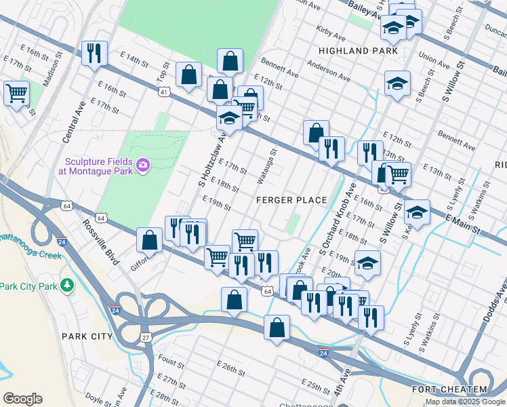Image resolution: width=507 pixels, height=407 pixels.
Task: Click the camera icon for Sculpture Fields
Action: [x=143, y=165]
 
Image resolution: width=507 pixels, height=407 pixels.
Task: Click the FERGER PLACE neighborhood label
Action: [x=291, y=200]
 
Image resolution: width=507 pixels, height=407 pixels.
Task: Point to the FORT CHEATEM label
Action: [x=449, y=389]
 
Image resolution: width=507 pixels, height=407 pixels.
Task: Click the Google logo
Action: [x=22, y=399]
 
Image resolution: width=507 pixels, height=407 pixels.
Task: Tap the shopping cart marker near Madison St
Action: [x=16, y=92]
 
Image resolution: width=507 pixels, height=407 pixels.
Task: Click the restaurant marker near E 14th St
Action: [x=94, y=52]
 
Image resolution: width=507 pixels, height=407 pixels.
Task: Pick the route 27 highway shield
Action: [x=145, y=336]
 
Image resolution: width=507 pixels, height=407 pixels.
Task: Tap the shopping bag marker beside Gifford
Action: [x=149, y=240]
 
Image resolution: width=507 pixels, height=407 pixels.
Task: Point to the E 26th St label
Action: [x=230, y=368]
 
